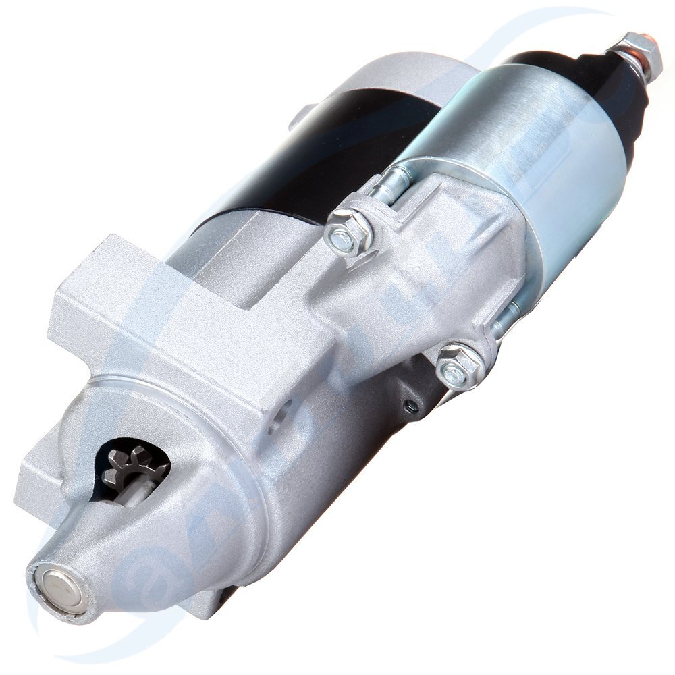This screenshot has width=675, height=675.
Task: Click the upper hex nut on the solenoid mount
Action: coord(347,232)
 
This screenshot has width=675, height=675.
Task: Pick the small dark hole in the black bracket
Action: coord(408,405)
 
